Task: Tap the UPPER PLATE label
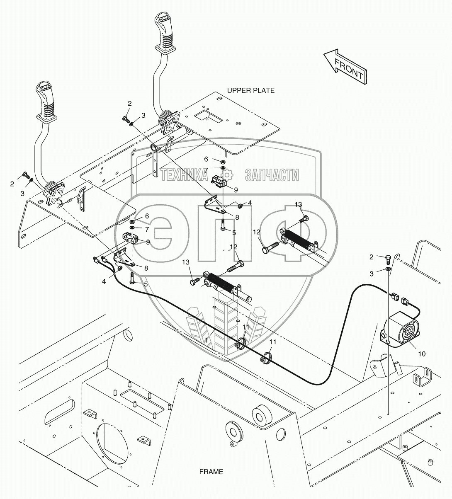tap(250, 90)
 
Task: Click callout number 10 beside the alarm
tap(421, 354)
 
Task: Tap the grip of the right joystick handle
tap(163, 31)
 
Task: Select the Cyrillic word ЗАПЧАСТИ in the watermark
tap(272, 175)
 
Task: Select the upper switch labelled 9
tap(220, 181)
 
